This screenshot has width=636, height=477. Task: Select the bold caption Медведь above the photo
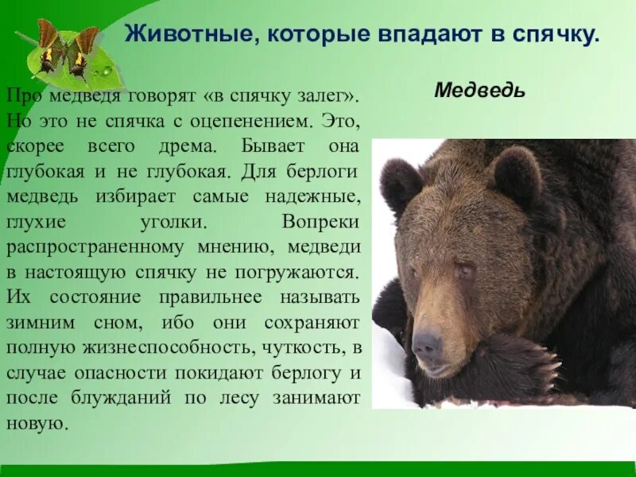click(x=479, y=90)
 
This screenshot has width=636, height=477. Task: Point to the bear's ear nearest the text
click(x=401, y=183)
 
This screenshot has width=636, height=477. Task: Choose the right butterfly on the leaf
click(x=83, y=50)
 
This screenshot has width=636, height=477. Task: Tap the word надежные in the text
click(x=319, y=196)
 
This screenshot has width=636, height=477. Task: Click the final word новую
click(x=35, y=421)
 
